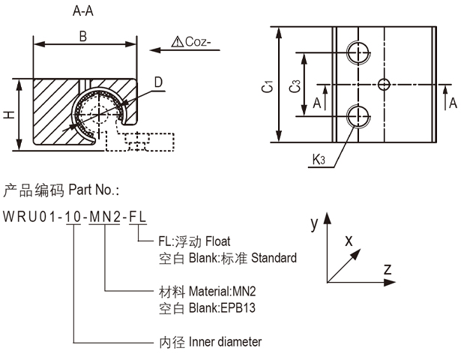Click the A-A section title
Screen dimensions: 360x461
coord(83,12)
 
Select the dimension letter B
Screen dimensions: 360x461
coord(82,35)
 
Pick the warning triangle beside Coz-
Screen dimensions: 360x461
coord(177,42)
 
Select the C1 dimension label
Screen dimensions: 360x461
coord(268,88)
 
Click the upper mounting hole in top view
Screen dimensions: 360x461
coord(358,52)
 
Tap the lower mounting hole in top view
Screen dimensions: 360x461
coord(358,116)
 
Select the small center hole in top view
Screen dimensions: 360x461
coord(385,84)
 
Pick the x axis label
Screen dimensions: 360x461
coord(348,241)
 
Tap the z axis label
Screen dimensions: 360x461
coord(388,268)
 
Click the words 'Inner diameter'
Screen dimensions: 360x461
coord(224,342)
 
